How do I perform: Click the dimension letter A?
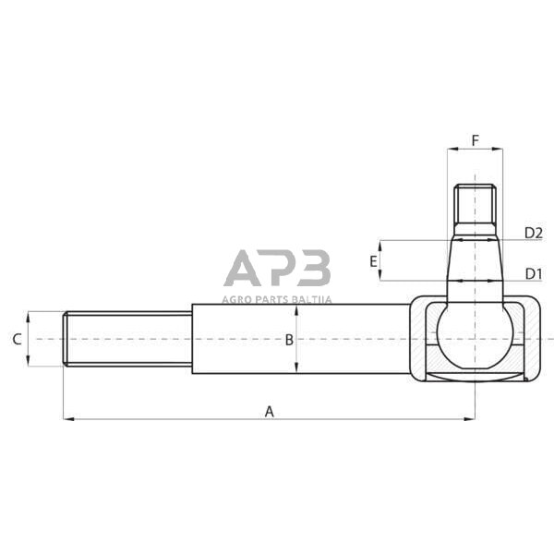270,411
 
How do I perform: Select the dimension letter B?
288,340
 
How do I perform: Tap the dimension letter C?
17,339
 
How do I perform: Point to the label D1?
533,273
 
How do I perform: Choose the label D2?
533,233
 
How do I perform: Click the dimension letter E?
373,261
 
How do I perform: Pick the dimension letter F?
475,140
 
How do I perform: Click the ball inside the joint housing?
472,336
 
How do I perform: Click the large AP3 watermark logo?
277,269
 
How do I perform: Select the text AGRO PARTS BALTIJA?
277,298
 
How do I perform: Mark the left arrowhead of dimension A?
67,419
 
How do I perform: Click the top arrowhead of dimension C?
30,315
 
